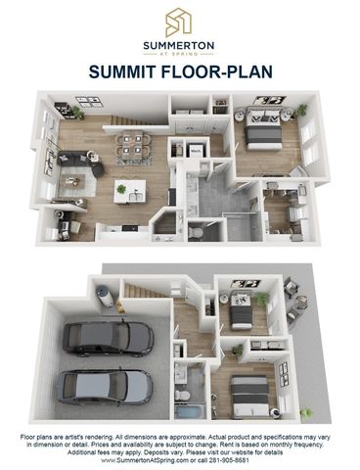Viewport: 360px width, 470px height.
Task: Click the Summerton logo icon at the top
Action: [x=179, y=21]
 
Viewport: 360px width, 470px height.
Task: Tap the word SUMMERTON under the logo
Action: [x=179, y=44]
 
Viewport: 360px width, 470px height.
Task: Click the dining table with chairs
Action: [x=131, y=147]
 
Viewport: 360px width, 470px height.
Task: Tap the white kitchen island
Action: [x=128, y=192]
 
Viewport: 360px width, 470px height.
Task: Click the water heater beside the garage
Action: [x=102, y=290]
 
